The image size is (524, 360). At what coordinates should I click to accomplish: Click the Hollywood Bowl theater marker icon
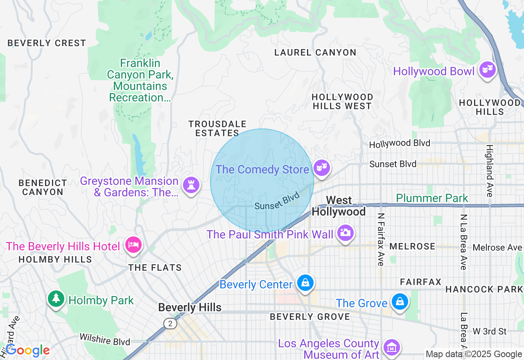click(x=487, y=70)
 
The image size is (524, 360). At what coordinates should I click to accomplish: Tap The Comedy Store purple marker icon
click(x=322, y=167)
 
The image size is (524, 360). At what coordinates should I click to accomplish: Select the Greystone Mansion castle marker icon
click(x=191, y=184)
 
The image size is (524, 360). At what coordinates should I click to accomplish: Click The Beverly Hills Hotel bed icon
click(x=133, y=245)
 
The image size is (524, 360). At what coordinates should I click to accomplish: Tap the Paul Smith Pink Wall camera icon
click(x=345, y=233)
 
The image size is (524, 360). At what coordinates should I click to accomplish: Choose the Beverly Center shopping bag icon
click(x=305, y=283)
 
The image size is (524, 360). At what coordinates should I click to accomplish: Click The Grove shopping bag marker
click(x=400, y=302)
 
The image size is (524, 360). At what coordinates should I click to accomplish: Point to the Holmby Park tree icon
click(x=56, y=299)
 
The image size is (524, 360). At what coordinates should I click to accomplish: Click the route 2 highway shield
click(x=170, y=324)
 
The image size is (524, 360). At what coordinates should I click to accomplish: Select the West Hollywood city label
click(x=339, y=206)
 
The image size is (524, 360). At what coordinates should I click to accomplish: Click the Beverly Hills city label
click(x=190, y=308)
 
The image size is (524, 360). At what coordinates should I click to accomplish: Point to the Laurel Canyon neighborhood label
click(x=315, y=52)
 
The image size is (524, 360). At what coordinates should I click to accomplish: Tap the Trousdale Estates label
click(x=217, y=128)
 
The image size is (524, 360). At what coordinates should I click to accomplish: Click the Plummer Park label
click(x=432, y=198)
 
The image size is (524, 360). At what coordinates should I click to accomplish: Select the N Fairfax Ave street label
click(x=381, y=240)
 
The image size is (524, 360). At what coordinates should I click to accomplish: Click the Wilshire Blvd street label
click(x=105, y=339)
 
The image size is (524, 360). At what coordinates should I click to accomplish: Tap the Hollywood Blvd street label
click(x=400, y=144)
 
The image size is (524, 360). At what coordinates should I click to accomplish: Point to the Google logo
click(x=27, y=350)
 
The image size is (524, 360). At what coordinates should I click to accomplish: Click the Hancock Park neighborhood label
click(x=484, y=289)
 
